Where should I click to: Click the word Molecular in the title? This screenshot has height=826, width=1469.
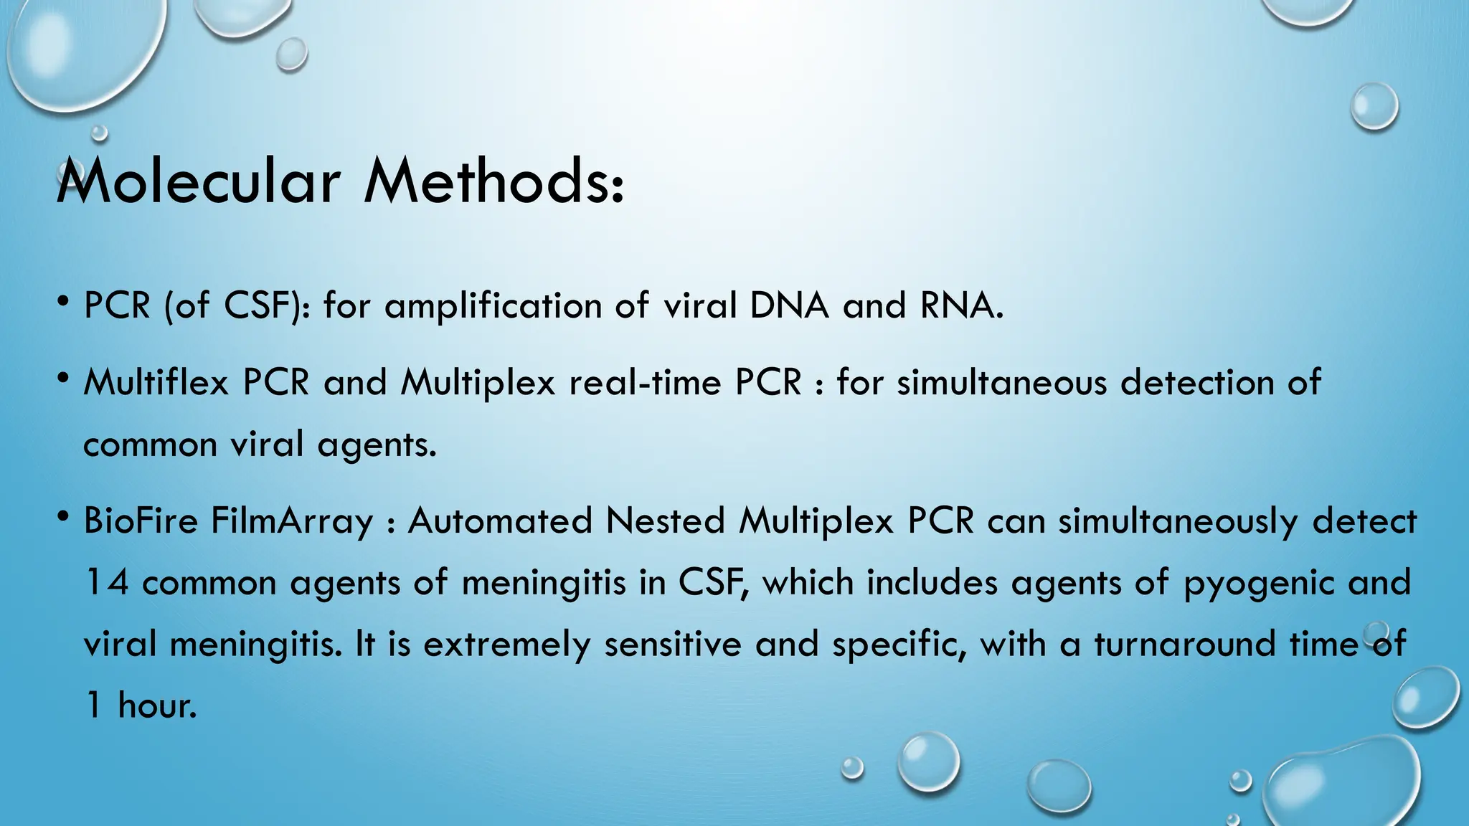pyautogui.click(x=198, y=182)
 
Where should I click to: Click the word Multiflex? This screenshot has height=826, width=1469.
pyautogui.click(x=156, y=381)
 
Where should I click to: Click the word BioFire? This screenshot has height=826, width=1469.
pyautogui.click(x=141, y=521)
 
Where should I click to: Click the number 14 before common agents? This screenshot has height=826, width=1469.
pyautogui.click(x=107, y=582)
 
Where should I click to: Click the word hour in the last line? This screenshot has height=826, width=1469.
pyautogui.click(x=156, y=706)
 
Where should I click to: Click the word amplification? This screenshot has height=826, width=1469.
pyautogui.click(x=493, y=307)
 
